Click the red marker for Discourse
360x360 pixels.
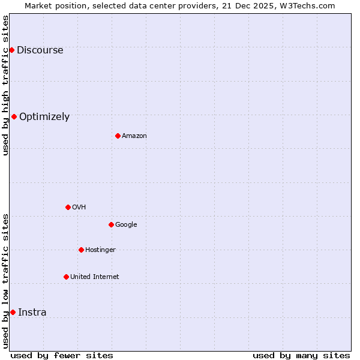[11, 50]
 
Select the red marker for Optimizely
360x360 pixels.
[14, 116]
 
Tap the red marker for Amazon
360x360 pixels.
[118, 136]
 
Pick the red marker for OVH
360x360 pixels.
[68, 207]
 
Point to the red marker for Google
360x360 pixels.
[111, 224]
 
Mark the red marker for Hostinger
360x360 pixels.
[81, 250]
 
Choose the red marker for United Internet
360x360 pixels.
[66, 277]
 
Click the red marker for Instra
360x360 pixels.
[13, 312]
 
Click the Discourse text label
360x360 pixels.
[40, 50]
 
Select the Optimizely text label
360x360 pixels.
[44, 117]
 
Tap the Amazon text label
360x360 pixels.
[134, 136]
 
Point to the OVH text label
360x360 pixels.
[79, 208]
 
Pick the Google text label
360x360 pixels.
[126, 225]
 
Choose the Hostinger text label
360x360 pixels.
[100, 250]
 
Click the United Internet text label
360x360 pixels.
[95, 277]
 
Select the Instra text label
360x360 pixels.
[32, 313]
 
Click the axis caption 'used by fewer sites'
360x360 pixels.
[62, 356]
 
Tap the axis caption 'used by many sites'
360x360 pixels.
[301, 356]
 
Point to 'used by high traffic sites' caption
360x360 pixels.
[6, 85]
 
